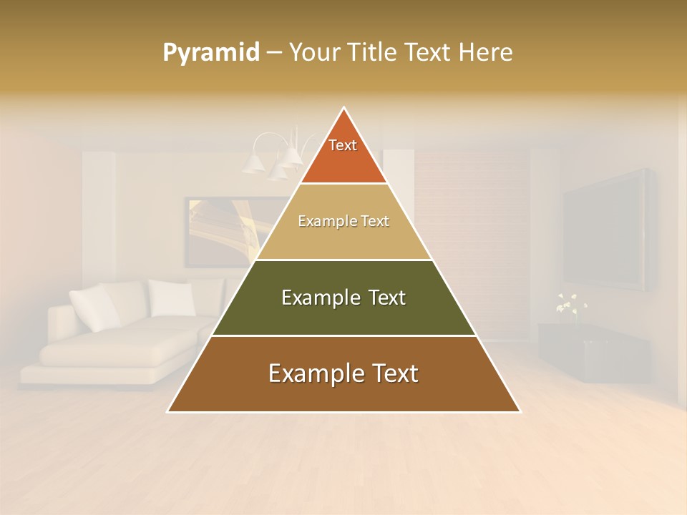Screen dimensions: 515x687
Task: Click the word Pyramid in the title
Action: click(210, 52)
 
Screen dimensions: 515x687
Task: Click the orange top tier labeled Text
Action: click(343, 154)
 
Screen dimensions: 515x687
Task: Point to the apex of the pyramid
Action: click(344, 109)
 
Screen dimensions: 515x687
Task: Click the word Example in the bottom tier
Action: click(310, 373)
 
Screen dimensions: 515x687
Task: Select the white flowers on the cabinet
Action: click(571, 303)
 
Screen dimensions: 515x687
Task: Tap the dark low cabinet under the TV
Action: click(594, 350)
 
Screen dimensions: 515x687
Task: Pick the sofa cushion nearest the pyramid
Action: click(172, 298)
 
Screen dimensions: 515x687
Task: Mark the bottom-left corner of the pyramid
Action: click(168, 411)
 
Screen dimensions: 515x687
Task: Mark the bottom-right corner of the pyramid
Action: click(520, 411)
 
